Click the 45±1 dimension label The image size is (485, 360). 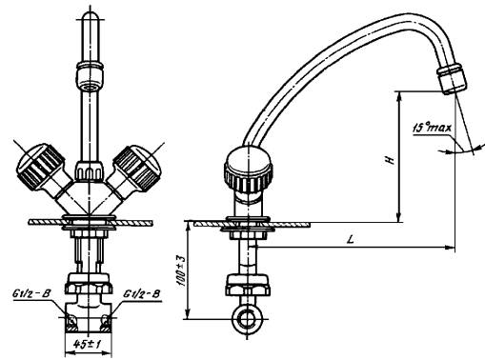pos(88,344)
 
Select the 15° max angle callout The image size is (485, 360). pos(432,128)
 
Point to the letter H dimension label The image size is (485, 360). pos(391,160)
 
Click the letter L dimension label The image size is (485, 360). pos(351,239)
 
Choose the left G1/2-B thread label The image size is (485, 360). pos(31,293)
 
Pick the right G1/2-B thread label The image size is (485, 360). pos(141,293)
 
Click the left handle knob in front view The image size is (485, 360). pos(39,166)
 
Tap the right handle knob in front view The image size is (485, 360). pos(138,168)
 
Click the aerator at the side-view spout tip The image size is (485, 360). pos(452,78)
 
